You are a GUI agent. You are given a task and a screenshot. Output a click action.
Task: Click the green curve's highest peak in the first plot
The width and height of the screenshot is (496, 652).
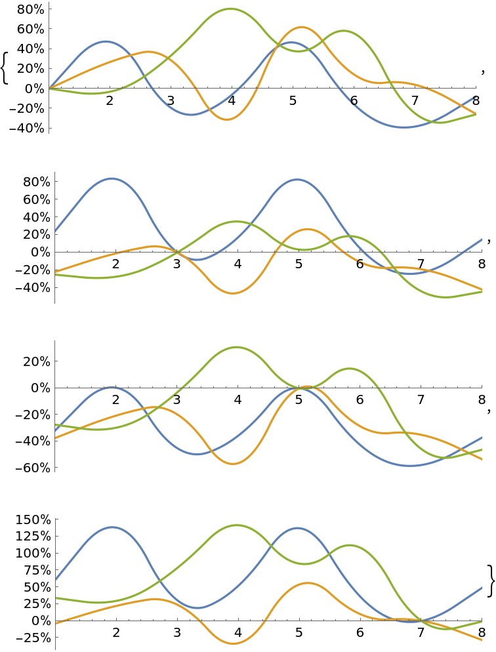230,9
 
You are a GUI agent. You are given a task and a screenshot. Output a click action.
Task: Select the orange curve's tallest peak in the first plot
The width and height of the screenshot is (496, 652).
301,27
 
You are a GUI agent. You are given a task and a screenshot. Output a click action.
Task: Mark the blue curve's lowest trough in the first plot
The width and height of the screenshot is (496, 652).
404,127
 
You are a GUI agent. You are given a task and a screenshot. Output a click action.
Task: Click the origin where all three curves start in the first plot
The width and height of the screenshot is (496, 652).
49,87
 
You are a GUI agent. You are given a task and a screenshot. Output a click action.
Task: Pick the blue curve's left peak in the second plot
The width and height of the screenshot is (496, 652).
111,178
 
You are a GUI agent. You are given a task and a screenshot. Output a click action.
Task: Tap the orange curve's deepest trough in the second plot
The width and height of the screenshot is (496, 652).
233,293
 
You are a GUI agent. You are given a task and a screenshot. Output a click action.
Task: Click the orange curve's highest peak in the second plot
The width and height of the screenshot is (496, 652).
307,229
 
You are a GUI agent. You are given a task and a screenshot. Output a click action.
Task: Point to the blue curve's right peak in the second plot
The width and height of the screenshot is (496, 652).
297,179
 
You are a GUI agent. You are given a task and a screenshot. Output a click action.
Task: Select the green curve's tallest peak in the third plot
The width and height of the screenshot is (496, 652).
236,347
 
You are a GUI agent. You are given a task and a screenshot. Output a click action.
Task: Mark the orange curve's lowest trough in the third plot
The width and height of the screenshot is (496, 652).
234,464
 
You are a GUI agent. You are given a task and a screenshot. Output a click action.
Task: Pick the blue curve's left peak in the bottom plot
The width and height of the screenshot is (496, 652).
113,527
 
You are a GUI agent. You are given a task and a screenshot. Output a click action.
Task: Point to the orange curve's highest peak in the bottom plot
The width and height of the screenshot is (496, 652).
308,582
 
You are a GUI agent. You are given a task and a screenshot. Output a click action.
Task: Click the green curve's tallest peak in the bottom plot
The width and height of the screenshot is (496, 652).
236,525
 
